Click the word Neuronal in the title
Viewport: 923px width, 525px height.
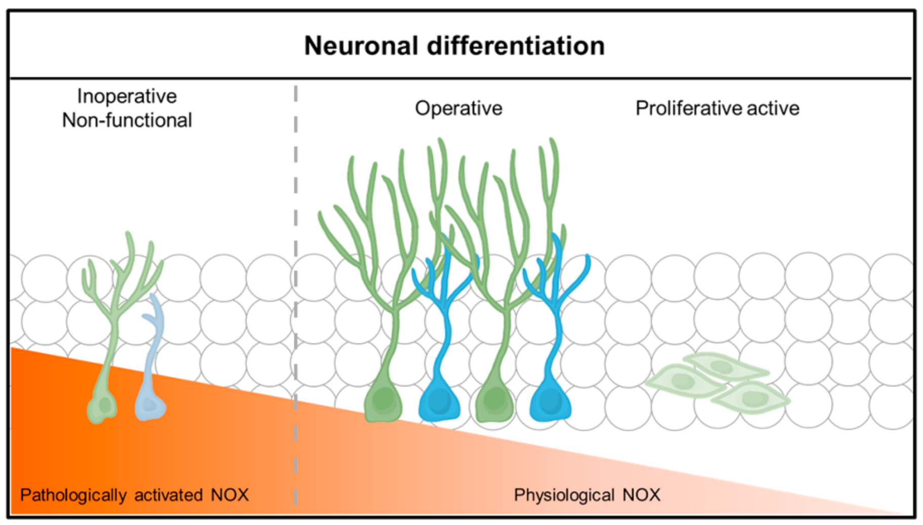click(361, 46)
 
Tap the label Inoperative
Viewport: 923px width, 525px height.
click(127, 96)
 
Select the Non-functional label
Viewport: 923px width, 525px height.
click(127, 120)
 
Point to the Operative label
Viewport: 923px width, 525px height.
click(458, 108)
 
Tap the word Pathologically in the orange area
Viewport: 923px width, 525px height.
click(73, 495)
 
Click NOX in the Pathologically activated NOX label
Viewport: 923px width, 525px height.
click(229, 495)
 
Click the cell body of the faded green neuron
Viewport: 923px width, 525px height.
click(103, 406)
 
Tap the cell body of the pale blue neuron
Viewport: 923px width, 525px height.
click(150, 406)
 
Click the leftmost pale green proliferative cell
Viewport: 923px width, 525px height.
click(684, 381)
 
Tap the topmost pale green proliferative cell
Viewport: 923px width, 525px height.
click(724, 366)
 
